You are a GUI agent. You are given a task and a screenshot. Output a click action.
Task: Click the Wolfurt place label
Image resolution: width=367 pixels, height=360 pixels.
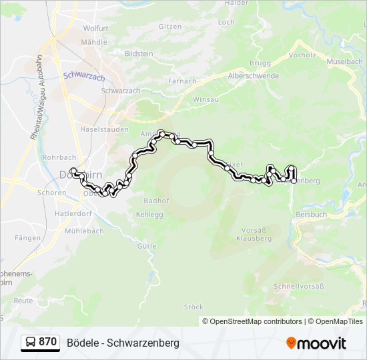click(95, 28)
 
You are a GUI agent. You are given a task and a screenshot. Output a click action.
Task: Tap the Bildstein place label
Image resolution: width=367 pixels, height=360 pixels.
click(139, 53)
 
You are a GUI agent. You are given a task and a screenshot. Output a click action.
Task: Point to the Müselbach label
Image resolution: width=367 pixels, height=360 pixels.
click(344, 61)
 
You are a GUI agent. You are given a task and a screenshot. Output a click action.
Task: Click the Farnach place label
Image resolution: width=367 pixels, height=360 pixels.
click(182, 81)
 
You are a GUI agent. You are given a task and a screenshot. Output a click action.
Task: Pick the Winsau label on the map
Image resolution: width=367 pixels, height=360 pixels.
click(205, 101)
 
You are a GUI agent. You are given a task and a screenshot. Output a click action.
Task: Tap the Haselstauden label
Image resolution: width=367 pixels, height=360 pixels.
click(103, 129)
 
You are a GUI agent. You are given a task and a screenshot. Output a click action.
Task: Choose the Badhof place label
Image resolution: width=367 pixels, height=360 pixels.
click(156, 201)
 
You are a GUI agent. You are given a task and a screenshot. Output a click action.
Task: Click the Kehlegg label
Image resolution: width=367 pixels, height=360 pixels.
click(149, 215)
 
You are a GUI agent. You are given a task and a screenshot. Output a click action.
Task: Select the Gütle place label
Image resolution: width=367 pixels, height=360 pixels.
click(147, 246)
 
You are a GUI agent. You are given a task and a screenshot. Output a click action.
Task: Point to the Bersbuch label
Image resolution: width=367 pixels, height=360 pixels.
click(310, 215)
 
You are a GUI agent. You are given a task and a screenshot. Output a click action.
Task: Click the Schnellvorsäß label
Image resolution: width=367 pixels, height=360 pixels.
click(298, 286)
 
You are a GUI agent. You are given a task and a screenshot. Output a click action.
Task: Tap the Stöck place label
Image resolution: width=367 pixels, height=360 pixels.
click(193, 307)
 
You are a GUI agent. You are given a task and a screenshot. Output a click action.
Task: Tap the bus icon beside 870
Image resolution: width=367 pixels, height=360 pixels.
click(30, 343)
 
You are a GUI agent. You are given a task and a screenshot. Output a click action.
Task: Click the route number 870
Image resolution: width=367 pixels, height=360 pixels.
click(47, 342)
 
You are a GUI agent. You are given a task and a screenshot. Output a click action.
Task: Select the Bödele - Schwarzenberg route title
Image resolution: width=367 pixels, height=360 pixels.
click(123, 343)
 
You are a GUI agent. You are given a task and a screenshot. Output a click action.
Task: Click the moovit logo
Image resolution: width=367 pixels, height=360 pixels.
click(316, 343)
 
